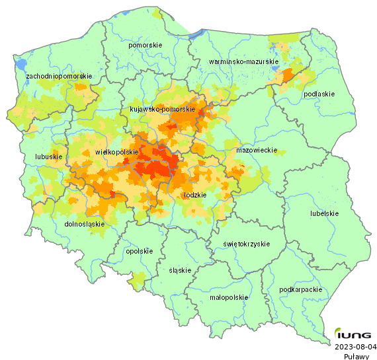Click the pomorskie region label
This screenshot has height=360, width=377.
tap(146, 45)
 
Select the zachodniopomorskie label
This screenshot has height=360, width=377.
tap(59, 77)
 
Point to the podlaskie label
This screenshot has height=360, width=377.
tap(319, 94)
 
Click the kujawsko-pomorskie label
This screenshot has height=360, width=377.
tap(162, 109)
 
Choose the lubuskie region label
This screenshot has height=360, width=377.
tap(48, 157)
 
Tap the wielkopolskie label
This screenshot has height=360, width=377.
tap(116, 152)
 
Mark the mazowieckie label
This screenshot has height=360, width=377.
tap(256, 151)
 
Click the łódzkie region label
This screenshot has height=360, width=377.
tap(194, 196)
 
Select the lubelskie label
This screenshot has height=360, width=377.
tap(324, 213)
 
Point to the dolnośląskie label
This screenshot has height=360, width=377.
tap(85, 224)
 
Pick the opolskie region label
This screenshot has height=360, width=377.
tap(139, 251)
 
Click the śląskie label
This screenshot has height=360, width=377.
tap(180, 270)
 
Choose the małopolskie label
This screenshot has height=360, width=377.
tap(229, 297)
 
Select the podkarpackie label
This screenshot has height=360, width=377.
tap(300, 289)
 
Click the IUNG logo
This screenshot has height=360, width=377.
tap(356, 334)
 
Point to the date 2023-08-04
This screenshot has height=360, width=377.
tap(356, 346)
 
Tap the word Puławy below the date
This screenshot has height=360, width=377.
tap(356, 356)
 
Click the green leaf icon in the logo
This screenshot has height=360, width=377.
tap(339, 332)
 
